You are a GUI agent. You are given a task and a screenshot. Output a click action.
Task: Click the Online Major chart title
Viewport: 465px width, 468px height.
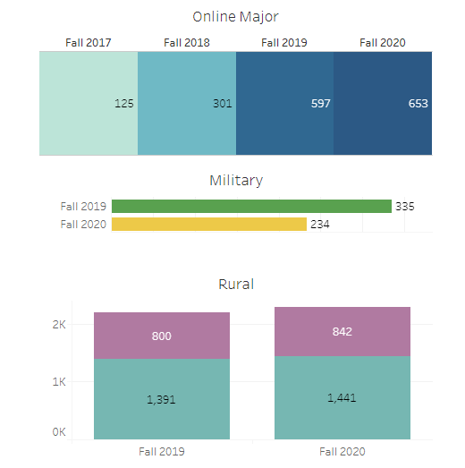coord(236,16)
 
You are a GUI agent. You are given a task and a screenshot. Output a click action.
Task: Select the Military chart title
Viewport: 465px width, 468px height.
coord(236,180)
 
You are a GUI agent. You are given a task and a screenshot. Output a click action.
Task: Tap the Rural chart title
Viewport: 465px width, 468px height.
coord(236,285)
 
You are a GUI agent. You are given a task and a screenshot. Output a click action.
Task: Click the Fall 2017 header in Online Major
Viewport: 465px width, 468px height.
coord(89,42)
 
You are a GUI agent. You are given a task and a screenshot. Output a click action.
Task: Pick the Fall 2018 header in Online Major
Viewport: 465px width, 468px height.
coord(187,42)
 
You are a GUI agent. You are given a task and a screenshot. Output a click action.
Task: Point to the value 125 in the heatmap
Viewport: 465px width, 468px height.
coord(124,104)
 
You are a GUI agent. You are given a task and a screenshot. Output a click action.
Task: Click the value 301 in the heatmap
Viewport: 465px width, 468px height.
coord(223,104)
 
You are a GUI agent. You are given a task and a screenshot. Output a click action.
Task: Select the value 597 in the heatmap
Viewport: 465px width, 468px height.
coord(321,104)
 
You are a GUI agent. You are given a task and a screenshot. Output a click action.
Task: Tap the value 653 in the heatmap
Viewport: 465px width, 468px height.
coord(418,104)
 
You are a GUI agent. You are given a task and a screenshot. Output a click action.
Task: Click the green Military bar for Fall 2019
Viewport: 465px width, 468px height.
coord(251,206)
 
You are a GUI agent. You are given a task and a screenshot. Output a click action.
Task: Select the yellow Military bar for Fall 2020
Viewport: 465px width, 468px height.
coord(209,224)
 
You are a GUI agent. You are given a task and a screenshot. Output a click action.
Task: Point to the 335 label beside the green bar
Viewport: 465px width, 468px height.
coord(405,207)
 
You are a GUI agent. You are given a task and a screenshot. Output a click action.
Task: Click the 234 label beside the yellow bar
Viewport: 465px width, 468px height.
coord(320,225)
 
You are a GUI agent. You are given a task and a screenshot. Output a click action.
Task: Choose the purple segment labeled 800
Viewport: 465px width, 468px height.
coord(162,336)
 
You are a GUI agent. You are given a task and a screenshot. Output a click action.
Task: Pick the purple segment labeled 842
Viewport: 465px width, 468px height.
coord(342,331)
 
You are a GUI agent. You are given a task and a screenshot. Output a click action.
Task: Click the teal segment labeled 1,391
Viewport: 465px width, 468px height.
coord(162,399)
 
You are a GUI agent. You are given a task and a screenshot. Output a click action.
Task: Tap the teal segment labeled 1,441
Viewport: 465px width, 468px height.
coord(342,397)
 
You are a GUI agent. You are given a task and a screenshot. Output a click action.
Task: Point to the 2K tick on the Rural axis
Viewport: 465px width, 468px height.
coord(59,325)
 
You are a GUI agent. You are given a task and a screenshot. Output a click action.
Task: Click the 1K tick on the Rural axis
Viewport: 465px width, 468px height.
coord(59,381)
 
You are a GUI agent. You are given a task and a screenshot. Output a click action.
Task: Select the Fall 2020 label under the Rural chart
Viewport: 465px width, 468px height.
coord(342,452)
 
